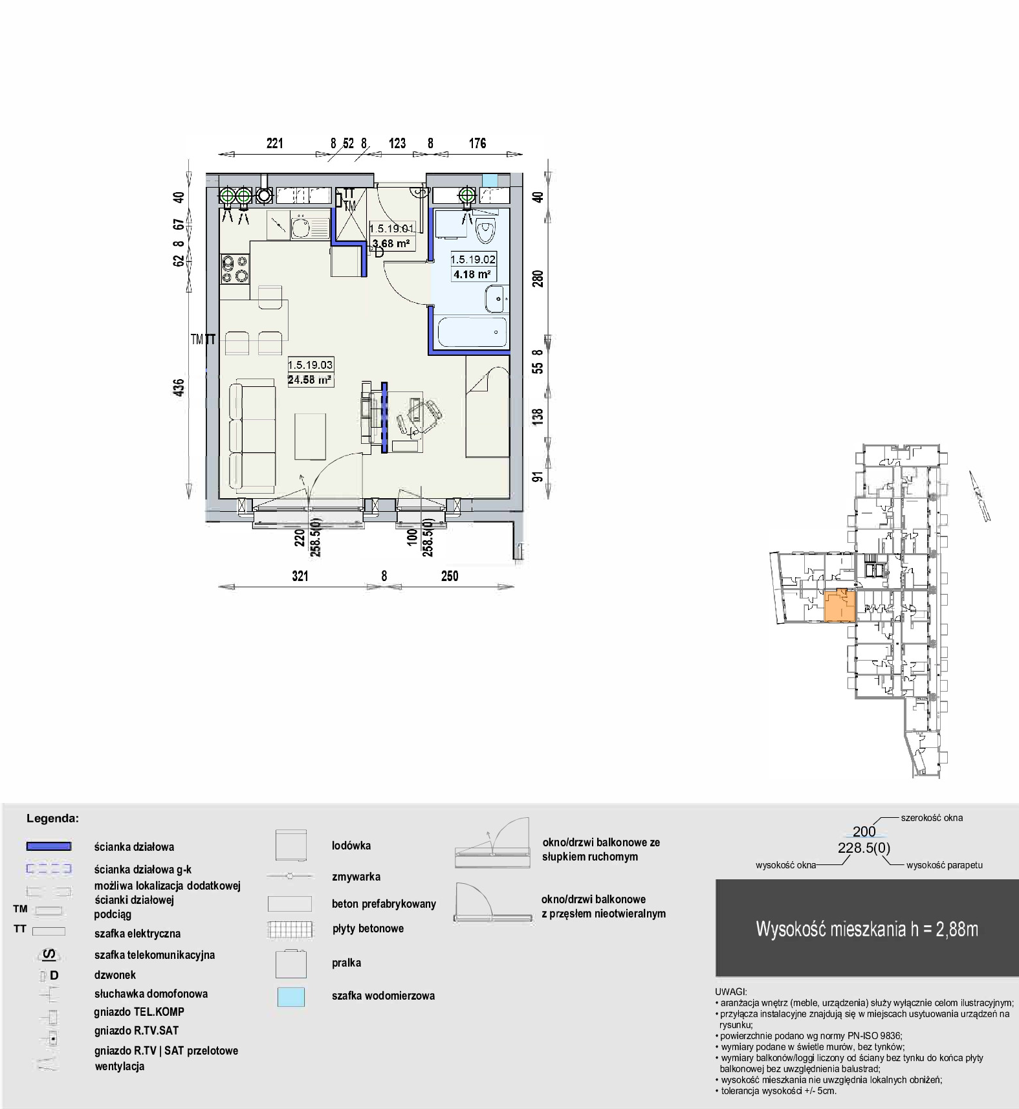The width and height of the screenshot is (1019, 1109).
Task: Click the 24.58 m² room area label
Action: (310, 380)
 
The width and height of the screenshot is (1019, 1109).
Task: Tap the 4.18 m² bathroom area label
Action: (472, 274)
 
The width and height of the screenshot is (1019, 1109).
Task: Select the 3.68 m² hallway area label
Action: (391, 244)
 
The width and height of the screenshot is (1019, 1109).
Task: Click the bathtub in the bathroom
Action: (472, 331)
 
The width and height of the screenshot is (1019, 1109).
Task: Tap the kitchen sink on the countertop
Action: (301, 227)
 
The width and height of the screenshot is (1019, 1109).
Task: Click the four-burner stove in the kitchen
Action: (235, 269)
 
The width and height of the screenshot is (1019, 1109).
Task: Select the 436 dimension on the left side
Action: (179, 388)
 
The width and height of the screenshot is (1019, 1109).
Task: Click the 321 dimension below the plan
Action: (300, 576)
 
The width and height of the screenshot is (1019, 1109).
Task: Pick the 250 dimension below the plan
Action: (450, 576)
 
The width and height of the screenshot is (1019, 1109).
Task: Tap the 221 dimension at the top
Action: (275, 143)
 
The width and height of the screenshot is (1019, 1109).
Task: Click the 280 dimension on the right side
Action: (538, 279)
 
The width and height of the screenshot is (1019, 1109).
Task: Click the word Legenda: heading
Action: (52, 818)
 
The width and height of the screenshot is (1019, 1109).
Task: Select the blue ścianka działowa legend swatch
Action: (49, 846)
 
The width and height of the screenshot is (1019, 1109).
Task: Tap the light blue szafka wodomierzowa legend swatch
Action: (290, 996)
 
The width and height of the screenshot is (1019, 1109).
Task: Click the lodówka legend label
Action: (351, 846)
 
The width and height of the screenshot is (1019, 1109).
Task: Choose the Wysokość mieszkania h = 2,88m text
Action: (867, 929)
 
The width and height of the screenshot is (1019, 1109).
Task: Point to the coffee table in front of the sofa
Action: (311, 436)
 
